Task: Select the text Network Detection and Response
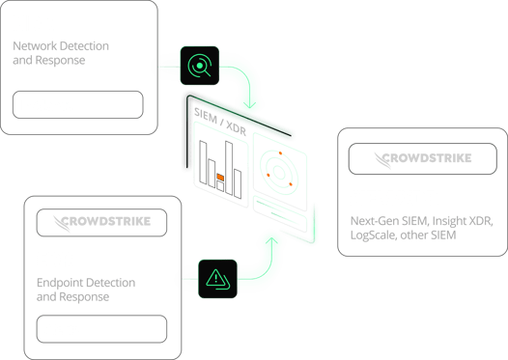click(61, 52)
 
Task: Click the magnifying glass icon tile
click(199, 66)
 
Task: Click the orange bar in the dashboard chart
click(221, 179)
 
